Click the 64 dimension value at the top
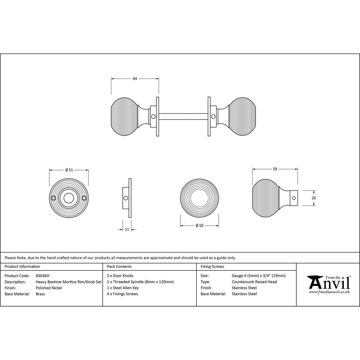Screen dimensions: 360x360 (135, 78)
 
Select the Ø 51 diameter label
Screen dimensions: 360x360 (69, 170)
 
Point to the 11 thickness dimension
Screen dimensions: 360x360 (127, 229)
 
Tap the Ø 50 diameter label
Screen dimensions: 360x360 (199, 226)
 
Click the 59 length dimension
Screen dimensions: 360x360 (275, 169)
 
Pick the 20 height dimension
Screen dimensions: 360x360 (314, 198)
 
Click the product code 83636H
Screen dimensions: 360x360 (43, 276)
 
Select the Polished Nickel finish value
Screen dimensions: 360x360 (49, 288)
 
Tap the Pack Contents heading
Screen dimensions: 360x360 (119, 266)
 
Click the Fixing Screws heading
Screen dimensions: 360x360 (212, 266)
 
